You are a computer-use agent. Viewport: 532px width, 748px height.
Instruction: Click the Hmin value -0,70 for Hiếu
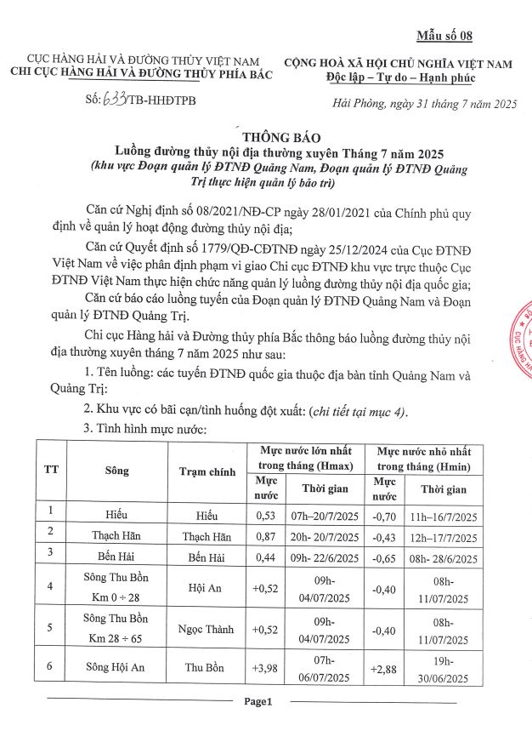pos(384,515)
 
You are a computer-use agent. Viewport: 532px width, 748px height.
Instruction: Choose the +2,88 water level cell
pos(385,669)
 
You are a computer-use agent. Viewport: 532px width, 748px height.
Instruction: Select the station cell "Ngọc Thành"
pos(207,628)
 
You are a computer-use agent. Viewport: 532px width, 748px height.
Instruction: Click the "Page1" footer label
pos(257,702)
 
